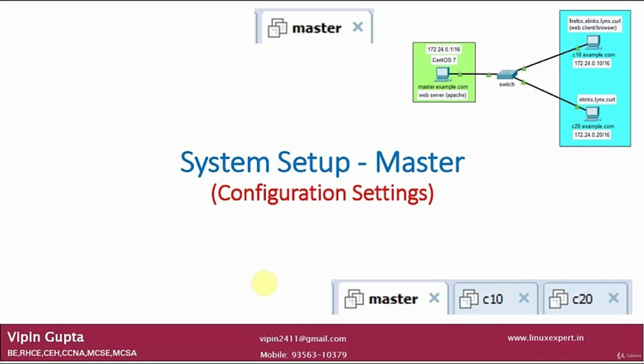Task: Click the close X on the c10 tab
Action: point(524,298)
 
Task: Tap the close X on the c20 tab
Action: point(613,298)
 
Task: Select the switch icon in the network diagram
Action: point(506,75)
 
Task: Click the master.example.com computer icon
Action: point(442,74)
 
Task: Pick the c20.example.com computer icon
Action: point(591,114)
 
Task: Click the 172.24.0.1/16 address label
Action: point(444,50)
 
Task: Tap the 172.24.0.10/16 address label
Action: point(592,64)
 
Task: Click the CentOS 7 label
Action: point(444,60)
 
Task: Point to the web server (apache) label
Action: point(442,95)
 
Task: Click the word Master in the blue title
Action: point(420,162)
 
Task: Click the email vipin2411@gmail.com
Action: point(303,339)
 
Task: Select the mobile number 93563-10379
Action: point(319,355)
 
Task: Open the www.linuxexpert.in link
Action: point(545,338)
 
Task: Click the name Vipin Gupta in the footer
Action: point(46,337)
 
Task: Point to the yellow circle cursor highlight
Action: point(264,283)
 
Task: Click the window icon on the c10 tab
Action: point(468,299)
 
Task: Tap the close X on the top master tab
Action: point(357,27)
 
